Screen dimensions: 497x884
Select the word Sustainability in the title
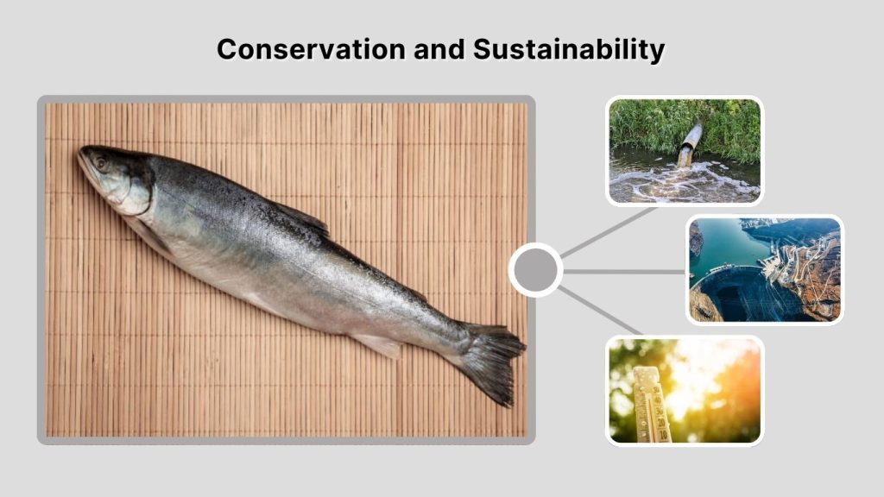click(569, 49)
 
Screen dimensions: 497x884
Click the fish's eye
click(101, 162)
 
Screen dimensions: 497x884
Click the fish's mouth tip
click(80, 154)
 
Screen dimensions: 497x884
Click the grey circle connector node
click(535, 270)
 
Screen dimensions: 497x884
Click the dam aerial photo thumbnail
click(765, 269)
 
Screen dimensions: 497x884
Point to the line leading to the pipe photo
click(608, 232)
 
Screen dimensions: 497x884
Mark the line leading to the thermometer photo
click(599, 310)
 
